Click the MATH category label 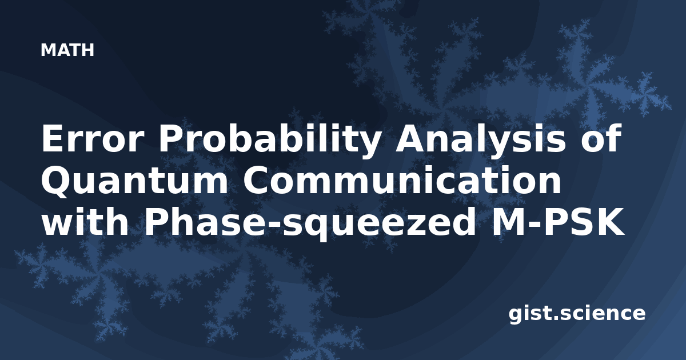[x=67, y=50]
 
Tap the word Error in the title [x=93, y=138]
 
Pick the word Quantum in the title [x=135, y=181]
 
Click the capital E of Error [x=53, y=138]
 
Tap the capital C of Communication [x=257, y=181]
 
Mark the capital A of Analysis [x=410, y=138]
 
